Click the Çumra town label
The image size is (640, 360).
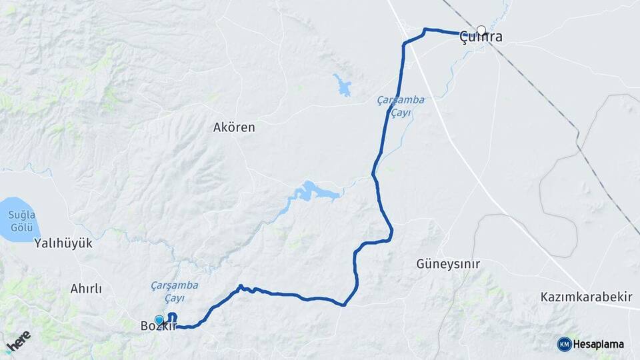coord(481,38)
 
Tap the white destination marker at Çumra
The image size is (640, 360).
coord(481,31)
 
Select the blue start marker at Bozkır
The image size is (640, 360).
coord(159,320)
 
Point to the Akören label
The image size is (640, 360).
coord(233,127)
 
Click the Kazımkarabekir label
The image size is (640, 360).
coord(586,297)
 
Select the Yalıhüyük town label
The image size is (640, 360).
coord(63,243)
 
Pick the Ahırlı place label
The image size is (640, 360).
coord(86,289)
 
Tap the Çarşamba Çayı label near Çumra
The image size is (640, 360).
coord(400,107)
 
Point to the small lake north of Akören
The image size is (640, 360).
coord(343,85)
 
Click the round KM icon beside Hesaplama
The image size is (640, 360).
coord(564,344)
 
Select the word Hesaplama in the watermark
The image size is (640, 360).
coord(598,344)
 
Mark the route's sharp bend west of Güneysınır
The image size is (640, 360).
coord(343,305)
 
